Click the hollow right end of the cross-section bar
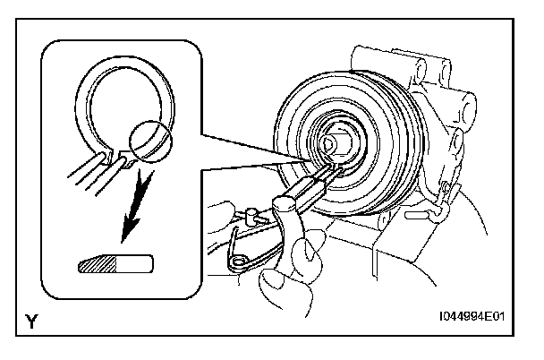(140, 265)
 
